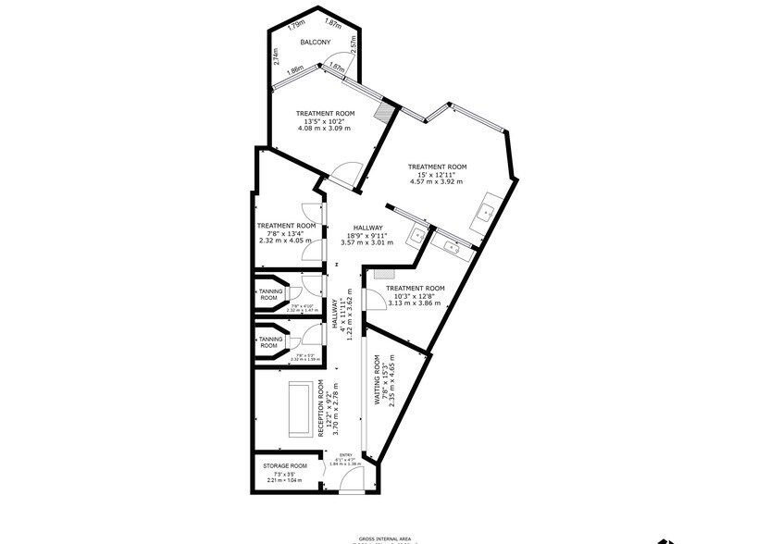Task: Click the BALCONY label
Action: pos(315,43)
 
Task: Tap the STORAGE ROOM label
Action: pos(285,466)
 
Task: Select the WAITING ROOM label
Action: pos(378,381)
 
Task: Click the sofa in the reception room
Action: pos(300,408)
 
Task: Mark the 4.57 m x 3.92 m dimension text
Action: pos(437,181)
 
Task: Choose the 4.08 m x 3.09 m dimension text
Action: pos(325,128)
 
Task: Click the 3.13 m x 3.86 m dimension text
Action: pos(416,303)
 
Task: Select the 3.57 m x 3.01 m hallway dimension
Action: pos(367,242)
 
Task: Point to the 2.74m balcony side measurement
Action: pos(277,56)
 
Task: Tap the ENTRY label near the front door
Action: pos(346,455)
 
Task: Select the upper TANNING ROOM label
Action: pos(270,294)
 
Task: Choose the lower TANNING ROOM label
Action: pos(270,342)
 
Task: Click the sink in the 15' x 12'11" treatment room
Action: pos(485,216)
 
